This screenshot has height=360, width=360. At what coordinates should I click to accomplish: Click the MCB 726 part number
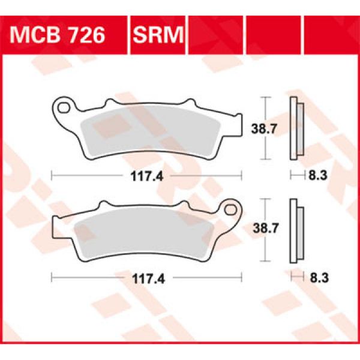tap(58, 35)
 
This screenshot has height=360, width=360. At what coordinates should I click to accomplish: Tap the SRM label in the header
tap(158, 35)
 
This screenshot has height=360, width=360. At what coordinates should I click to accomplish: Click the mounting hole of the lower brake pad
tap(232, 210)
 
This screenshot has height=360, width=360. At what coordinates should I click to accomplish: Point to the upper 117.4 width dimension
tap(147, 176)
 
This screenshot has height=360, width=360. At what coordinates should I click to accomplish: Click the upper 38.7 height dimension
tap(260, 127)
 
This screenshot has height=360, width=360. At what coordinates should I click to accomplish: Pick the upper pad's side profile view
tap(295, 127)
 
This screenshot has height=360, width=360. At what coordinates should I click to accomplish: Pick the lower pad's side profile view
tap(295, 229)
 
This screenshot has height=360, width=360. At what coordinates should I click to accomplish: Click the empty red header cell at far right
tap(331, 35)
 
